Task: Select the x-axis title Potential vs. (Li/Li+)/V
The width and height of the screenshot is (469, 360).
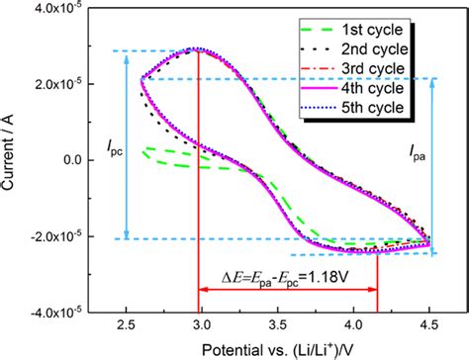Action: (278, 349)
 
